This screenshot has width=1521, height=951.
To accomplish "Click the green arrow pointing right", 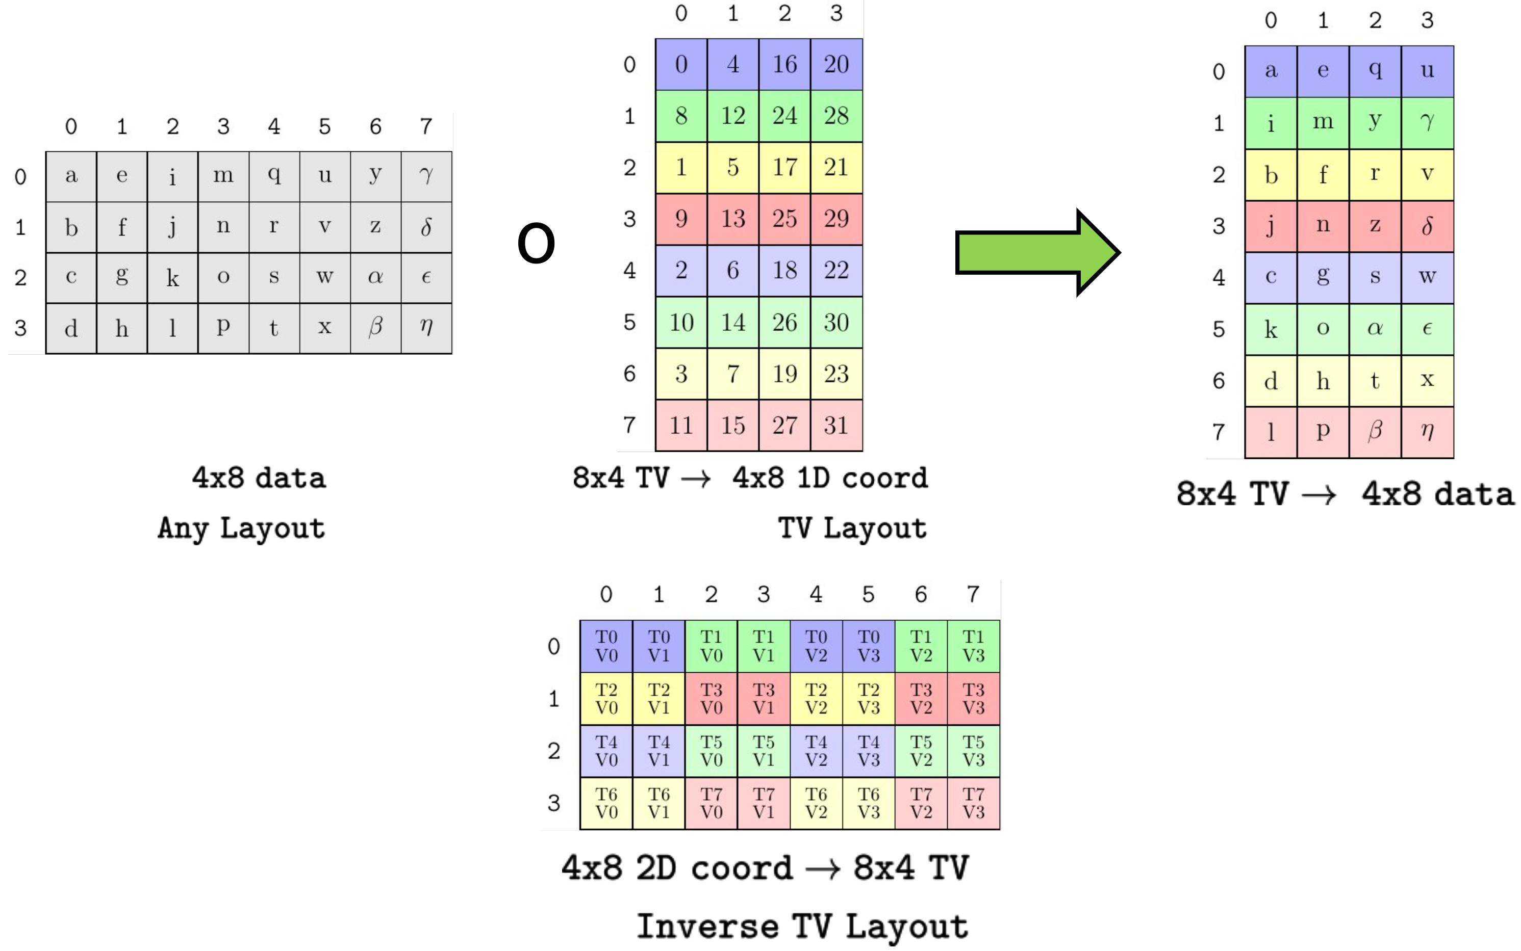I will click(x=1035, y=252).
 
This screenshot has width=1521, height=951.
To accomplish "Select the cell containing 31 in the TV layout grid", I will click(x=835, y=425).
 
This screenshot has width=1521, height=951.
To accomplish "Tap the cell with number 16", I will click(x=784, y=64).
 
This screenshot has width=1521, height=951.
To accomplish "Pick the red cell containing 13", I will click(x=732, y=219).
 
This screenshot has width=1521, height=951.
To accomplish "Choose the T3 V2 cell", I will click(x=921, y=698).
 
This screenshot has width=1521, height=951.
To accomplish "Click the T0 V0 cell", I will click(x=606, y=646).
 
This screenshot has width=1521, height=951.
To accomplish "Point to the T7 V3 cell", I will click(x=973, y=803).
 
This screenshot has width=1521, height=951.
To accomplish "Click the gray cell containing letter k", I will click(x=172, y=277).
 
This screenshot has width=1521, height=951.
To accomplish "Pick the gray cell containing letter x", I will click(x=324, y=328).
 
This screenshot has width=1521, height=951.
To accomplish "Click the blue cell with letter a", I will click(x=1271, y=71).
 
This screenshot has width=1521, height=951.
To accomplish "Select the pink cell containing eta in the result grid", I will click(x=1427, y=432).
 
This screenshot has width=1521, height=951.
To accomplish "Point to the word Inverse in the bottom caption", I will click(x=708, y=927).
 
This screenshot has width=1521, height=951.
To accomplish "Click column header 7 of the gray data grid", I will click(x=426, y=126).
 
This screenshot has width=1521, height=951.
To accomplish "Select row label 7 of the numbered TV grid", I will click(x=629, y=425).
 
